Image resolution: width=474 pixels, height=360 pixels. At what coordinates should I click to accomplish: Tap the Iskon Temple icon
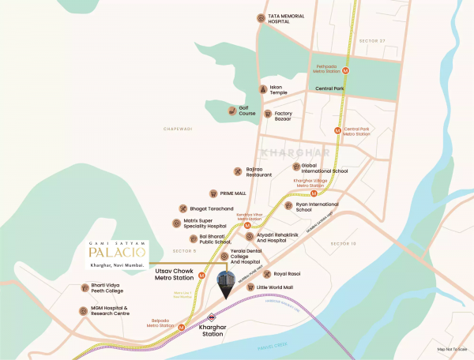263,90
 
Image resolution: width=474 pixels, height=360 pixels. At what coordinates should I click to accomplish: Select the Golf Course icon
232,111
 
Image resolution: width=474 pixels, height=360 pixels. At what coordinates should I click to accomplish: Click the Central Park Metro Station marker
338,130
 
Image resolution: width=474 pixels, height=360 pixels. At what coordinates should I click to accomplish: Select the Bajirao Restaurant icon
238,171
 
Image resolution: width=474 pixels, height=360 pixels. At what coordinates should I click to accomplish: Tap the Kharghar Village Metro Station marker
314,193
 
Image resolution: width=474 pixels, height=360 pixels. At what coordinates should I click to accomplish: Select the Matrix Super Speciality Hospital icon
176,223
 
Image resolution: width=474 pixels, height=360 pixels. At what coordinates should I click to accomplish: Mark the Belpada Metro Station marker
182,327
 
